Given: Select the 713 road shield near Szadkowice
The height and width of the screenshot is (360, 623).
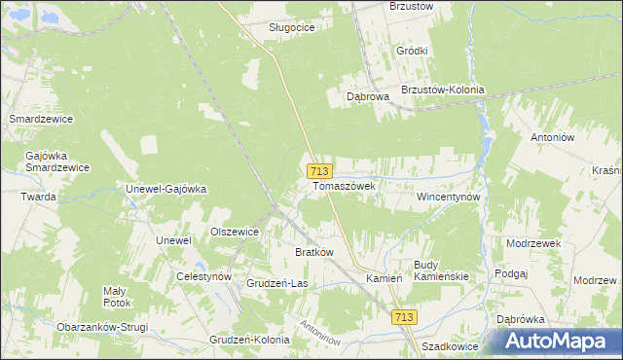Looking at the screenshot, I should click(x=406, y=317).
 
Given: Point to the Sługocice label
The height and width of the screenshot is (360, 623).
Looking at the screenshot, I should click(x=291, y=28).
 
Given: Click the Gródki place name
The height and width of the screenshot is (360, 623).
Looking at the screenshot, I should click(x=413, y=51).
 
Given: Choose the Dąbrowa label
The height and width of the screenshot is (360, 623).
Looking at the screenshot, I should click(x=368, y=97).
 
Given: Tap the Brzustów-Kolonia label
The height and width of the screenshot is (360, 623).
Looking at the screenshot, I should click(x=442, y=90).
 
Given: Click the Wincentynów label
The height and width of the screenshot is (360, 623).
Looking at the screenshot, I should click(x=449, y=196).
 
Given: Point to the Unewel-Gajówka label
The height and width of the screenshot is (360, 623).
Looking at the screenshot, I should click(x=166, y=189).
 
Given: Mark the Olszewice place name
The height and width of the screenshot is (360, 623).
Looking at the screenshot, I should click(x=235, y=232).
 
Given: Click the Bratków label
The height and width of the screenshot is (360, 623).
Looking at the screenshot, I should click(x=314, y=252).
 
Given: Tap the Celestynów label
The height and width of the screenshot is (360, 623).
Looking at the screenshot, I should click(x=203, y=276).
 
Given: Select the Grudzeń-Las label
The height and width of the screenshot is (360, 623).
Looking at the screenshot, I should click(x=277, y=284).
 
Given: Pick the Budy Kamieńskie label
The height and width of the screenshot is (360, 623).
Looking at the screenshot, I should click(x=441, y=270).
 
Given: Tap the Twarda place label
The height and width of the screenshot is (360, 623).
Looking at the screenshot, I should click(x=39, y=197).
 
